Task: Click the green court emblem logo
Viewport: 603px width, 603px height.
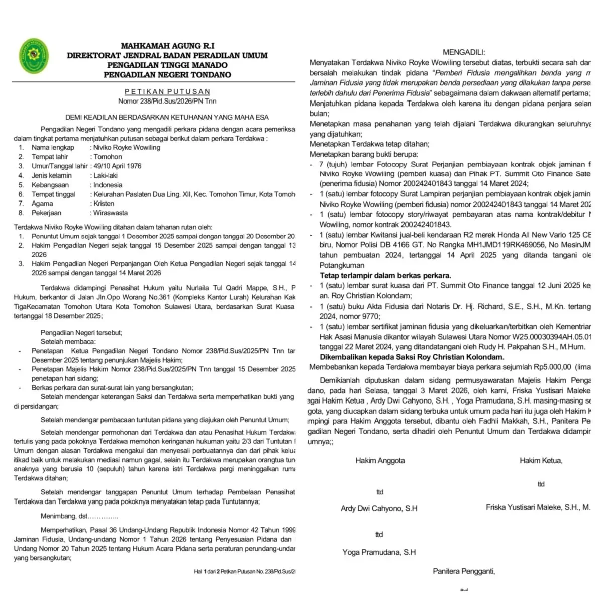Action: [x=34, y=56]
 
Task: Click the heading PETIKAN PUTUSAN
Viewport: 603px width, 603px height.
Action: [x=167, y=92]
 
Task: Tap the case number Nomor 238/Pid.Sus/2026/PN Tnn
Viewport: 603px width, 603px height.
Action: [x=167, y=101]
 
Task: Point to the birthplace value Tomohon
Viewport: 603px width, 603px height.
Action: [x=108, y=157]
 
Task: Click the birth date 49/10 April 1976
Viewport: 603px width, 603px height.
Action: [x=118, y=166]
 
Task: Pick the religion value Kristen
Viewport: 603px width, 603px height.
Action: [x=104, y=204]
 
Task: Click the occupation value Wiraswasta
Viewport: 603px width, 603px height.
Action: [x=111, y=213]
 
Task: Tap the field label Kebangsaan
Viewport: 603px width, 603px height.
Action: [x=50, y=185]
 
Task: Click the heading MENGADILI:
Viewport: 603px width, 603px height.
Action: [x=464, y=52]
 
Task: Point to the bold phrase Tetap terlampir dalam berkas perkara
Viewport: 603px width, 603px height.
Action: [x=385, y=275]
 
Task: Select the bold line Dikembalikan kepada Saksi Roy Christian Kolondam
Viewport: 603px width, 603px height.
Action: [x=412, y=357]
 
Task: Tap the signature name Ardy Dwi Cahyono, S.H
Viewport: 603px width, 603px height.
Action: [x=379, y=508]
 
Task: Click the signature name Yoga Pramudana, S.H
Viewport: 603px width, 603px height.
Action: [x=379, y=552]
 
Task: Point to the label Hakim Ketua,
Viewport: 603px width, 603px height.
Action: [x=541, y=460]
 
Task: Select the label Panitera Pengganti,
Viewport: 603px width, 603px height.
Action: [x=464, y=571]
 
